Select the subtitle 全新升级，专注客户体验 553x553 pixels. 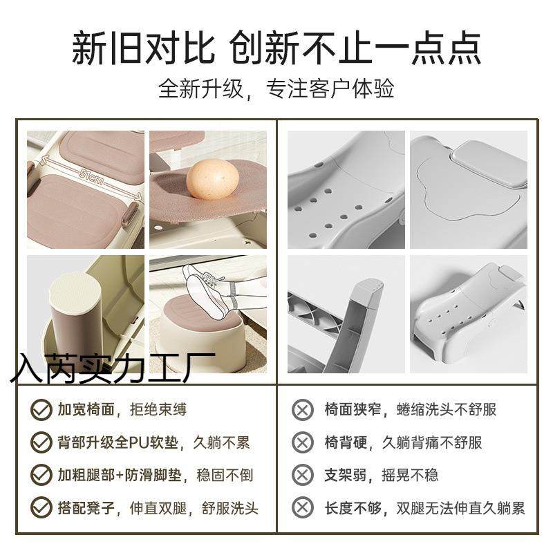point(276,89)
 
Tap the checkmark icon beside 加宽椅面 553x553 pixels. point(40,410)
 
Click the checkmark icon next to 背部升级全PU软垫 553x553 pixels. point(40,442)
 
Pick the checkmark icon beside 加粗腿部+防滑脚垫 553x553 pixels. point(40,475)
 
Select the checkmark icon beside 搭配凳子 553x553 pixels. point(40,508)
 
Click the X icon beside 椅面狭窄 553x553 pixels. point(302,410)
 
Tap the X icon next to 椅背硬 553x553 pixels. point(302,442)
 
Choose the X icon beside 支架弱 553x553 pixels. point(302,475)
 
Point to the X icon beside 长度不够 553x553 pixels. point(302,508)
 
